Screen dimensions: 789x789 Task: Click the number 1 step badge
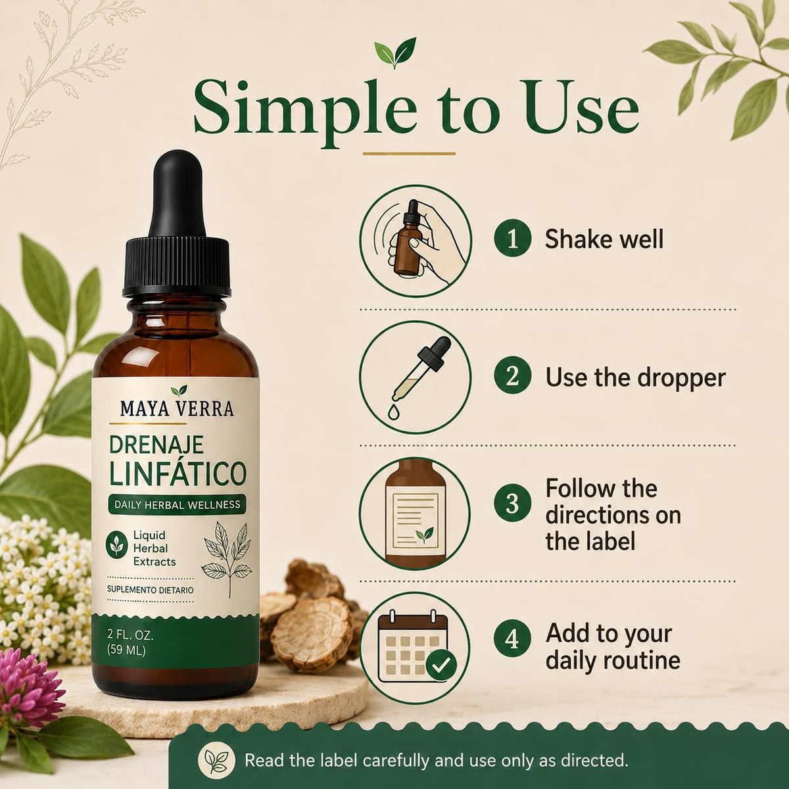click(513, 239)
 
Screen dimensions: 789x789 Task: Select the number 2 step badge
click(513, 377)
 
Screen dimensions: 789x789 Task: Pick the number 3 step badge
click(513, 503)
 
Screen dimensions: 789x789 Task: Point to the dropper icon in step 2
click(416, 377)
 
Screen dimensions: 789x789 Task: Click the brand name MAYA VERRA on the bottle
click(177, 409)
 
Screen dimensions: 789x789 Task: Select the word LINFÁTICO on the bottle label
click(178, 473)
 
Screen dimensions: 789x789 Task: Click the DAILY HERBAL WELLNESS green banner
click(178, 504)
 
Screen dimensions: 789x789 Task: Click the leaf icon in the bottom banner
click(216, 761)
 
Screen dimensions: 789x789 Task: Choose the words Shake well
click(604, 239)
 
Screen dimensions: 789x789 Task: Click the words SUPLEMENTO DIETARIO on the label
click(151, 590)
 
